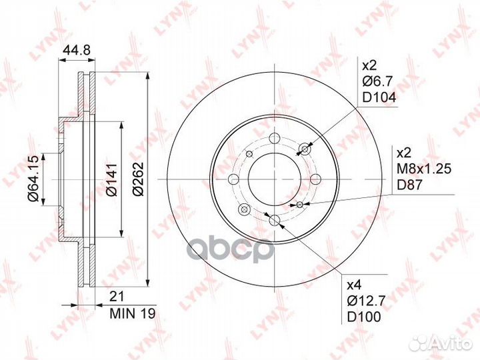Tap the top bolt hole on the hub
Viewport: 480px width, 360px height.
point(275,140)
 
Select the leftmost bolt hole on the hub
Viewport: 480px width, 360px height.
point(233,179)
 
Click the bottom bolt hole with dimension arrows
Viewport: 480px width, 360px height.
point(275,220)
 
